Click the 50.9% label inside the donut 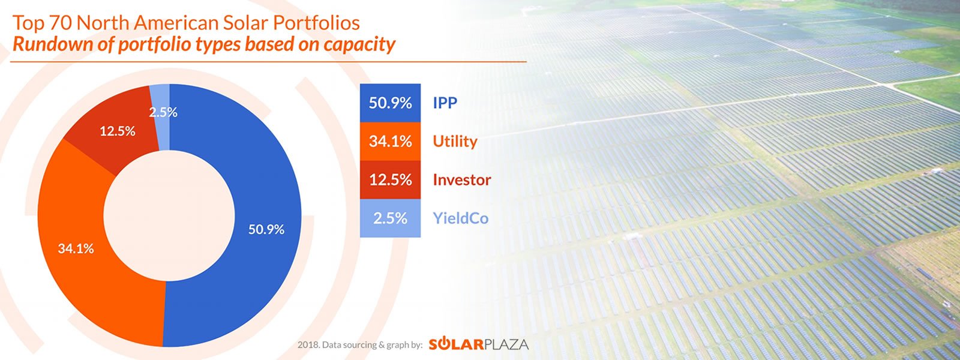point(266,229)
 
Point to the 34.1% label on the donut point(76,248)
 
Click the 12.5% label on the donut point(117,131)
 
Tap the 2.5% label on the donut point(163,112)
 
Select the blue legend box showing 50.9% point(390,103)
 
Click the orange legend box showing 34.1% point(390,142)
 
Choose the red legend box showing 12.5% point(390,180)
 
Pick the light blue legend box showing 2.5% point(390,218)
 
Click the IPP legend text point(445,103)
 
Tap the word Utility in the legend point(455,142)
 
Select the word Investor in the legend point(462,180)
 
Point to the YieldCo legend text point(461,218)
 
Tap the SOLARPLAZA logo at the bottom point(478,344)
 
